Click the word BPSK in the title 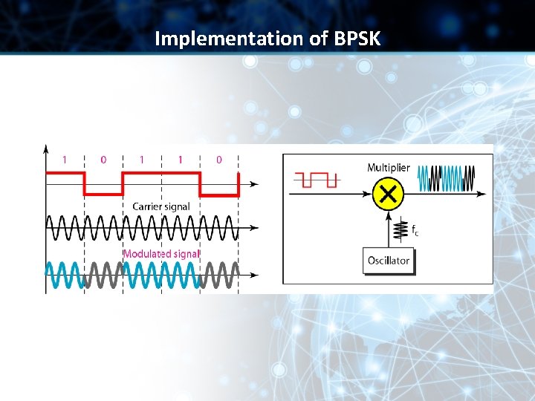(x=357, y=38)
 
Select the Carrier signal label (x=160, y=206)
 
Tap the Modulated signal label (x=161, y=253)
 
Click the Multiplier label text (x=388, y=168)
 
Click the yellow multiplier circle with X (x=387, y=195)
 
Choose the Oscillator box (x=388, y=261)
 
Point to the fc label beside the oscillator (x=415, y=231)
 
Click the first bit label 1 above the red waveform (x=65, y=159)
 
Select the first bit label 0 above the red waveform (x=103, y=159)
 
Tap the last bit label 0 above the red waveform (x=218, y=159)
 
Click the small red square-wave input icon (x=317, y=179)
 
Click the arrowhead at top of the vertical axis (x=46, y=148)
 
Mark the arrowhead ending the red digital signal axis (x=255, y=183)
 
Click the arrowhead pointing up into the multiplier (x=387, y=215)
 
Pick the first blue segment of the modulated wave (x=65, y=275)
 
